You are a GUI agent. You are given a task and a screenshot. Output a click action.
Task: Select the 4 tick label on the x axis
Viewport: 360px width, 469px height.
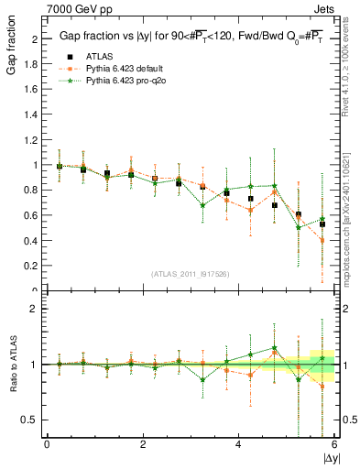[238, 444]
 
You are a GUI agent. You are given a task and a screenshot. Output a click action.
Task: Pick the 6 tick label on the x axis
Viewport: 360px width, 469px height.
[334, 444]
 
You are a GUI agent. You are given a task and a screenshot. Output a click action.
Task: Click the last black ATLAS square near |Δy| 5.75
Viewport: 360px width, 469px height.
[322, 224]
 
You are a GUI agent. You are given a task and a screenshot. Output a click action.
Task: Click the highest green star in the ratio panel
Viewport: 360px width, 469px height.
[275, 348]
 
